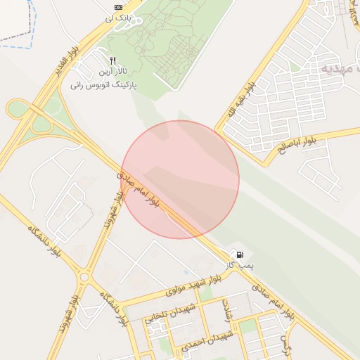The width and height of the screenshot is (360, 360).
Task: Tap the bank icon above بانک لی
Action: pos(117,7)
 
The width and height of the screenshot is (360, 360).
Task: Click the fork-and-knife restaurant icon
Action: pos(113,61)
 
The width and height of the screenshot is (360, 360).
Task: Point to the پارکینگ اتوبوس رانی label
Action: pos(103,84)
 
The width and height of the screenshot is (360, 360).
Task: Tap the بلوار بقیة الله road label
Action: pos(239,101)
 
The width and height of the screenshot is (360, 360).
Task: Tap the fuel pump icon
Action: pos(240,254)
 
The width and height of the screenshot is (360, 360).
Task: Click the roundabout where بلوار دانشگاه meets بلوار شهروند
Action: pos(84,277)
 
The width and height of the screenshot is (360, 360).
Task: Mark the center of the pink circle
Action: pos(181,179)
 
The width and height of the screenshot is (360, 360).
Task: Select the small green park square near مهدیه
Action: pos(295,66)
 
